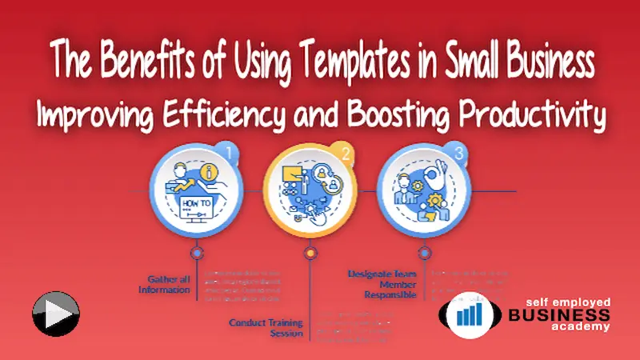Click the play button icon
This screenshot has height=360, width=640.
click(x=55, y=314)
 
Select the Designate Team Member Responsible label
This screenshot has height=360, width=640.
click(x=382, y=283)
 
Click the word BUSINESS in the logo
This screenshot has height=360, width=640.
click(x=559, y=314)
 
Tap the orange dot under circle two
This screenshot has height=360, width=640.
click(x=310, y=252)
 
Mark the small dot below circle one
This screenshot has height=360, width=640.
click(x=196, y=252)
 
